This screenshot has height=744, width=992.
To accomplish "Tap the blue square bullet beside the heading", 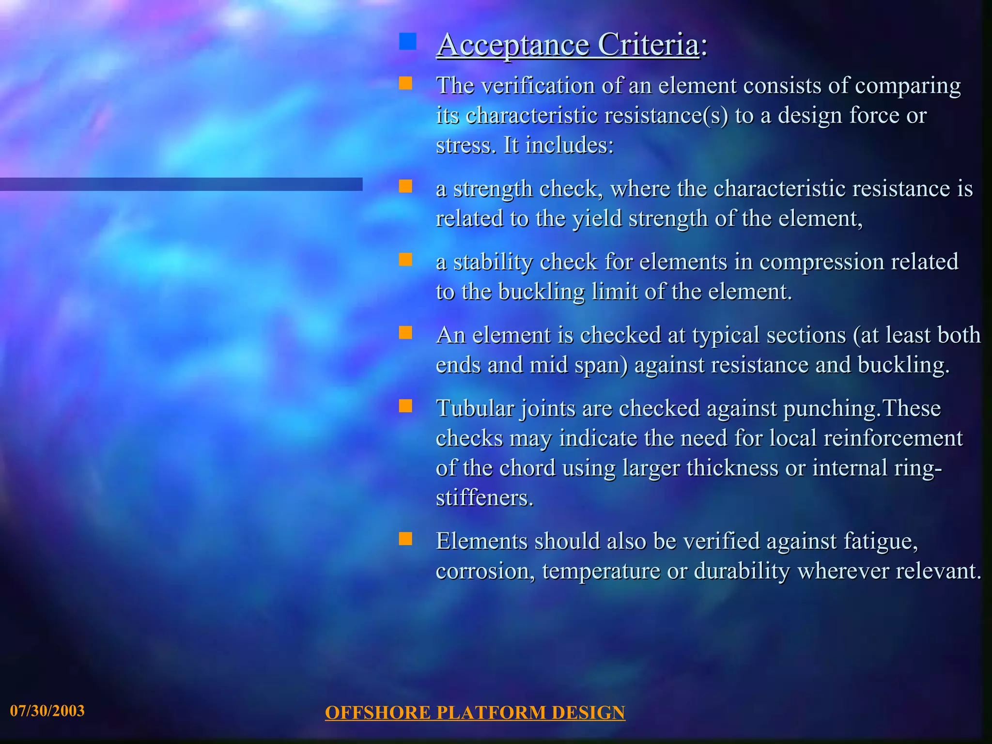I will click(407, 42).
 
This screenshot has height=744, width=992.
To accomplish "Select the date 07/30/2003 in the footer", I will click(47, 711).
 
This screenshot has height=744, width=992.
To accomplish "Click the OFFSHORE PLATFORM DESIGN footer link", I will click(475, 713).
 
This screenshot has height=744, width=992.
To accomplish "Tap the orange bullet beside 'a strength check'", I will click(405, 186).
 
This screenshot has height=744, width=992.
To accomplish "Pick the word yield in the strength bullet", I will click(597, 218).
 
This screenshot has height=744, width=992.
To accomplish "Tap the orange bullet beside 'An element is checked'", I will click(405, 333).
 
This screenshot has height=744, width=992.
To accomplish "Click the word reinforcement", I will click(893, 438).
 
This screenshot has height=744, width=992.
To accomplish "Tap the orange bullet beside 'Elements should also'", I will click(405, 539).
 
